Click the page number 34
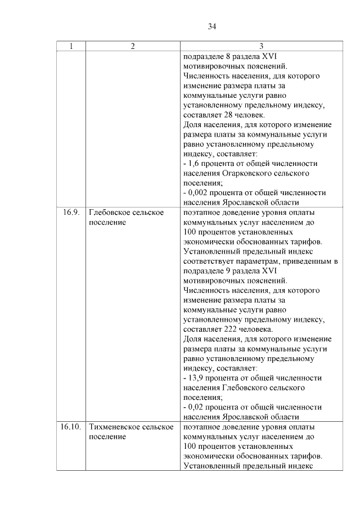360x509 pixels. [x=212, y=26]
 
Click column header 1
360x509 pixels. [x=70, y=46]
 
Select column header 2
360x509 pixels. [x=133, y=46]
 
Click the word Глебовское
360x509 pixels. [x=110, y=213]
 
